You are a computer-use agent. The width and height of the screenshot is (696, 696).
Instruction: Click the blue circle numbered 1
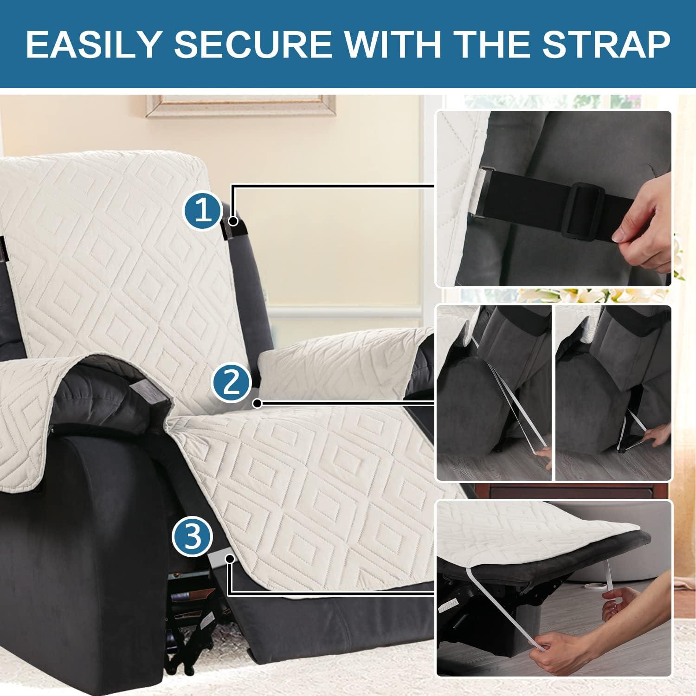click(x=204, y=211)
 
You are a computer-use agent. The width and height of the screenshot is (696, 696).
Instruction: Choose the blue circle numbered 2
click(x=232, y=384)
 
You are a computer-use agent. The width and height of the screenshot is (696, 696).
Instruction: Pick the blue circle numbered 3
click(x=192, y=537)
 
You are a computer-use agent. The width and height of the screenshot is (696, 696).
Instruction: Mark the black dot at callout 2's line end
click(x=258, y=404)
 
